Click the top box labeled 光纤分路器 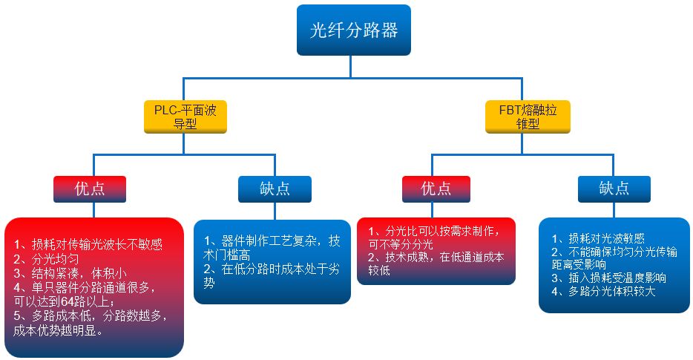coord(353,30)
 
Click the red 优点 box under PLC coord(90,189)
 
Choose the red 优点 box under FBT coord(436,189)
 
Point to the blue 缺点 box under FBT coord(614,189)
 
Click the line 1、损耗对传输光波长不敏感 coord(88,244)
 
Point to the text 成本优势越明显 coord(57,331)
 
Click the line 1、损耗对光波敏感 coord(598,238)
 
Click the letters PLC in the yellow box coord(165,111)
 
